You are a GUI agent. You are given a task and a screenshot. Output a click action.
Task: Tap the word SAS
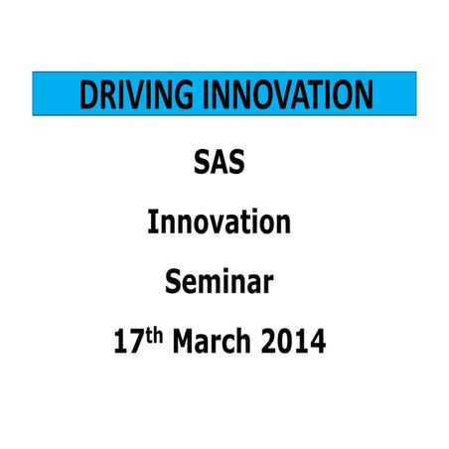point(219,161)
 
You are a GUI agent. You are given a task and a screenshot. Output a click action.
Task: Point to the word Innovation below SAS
point(219,223)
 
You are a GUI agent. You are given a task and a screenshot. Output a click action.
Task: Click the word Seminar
point(219,283)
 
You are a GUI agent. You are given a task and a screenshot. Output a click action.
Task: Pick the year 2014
point(295,345)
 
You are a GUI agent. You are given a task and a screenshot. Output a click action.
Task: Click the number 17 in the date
point(130,345)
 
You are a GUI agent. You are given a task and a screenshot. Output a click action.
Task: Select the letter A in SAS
point(219,161)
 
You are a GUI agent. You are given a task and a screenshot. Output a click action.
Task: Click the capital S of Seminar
point(173,283)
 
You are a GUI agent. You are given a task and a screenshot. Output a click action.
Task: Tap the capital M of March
point(186,345)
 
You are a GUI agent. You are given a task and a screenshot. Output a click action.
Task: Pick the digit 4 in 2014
point(318,345)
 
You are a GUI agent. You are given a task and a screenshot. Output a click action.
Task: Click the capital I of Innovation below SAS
point(153,223)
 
